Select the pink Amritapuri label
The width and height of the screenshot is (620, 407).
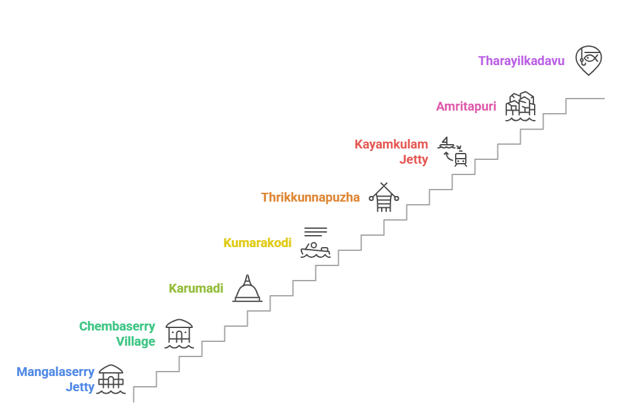coord(466,107)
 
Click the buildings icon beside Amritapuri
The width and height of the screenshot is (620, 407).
coord(520,106)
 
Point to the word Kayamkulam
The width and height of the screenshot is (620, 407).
coord(391,145)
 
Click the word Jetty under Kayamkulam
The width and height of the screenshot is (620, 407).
coord(413,160)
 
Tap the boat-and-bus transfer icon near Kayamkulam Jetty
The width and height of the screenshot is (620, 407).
coord(454,152)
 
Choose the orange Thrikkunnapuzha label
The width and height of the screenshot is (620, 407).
coord(310,198)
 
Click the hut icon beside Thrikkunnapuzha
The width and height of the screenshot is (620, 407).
coord(384,197)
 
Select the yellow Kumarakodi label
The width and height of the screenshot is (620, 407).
coord(257,243)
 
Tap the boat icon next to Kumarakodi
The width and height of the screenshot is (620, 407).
coord(315,250)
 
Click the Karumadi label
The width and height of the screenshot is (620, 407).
coord(196,289)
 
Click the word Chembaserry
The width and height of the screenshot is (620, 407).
coord(117,327)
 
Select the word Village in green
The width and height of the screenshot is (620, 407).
coord(135,342)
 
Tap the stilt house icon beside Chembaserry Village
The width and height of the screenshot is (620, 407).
coord(179,334)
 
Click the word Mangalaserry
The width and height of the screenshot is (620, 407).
coord(56,372)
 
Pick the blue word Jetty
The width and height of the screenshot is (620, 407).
coord(80,387)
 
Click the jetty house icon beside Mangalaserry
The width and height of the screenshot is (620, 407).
coord(111,379)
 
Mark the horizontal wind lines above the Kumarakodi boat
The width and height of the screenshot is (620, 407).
coord(315,231)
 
